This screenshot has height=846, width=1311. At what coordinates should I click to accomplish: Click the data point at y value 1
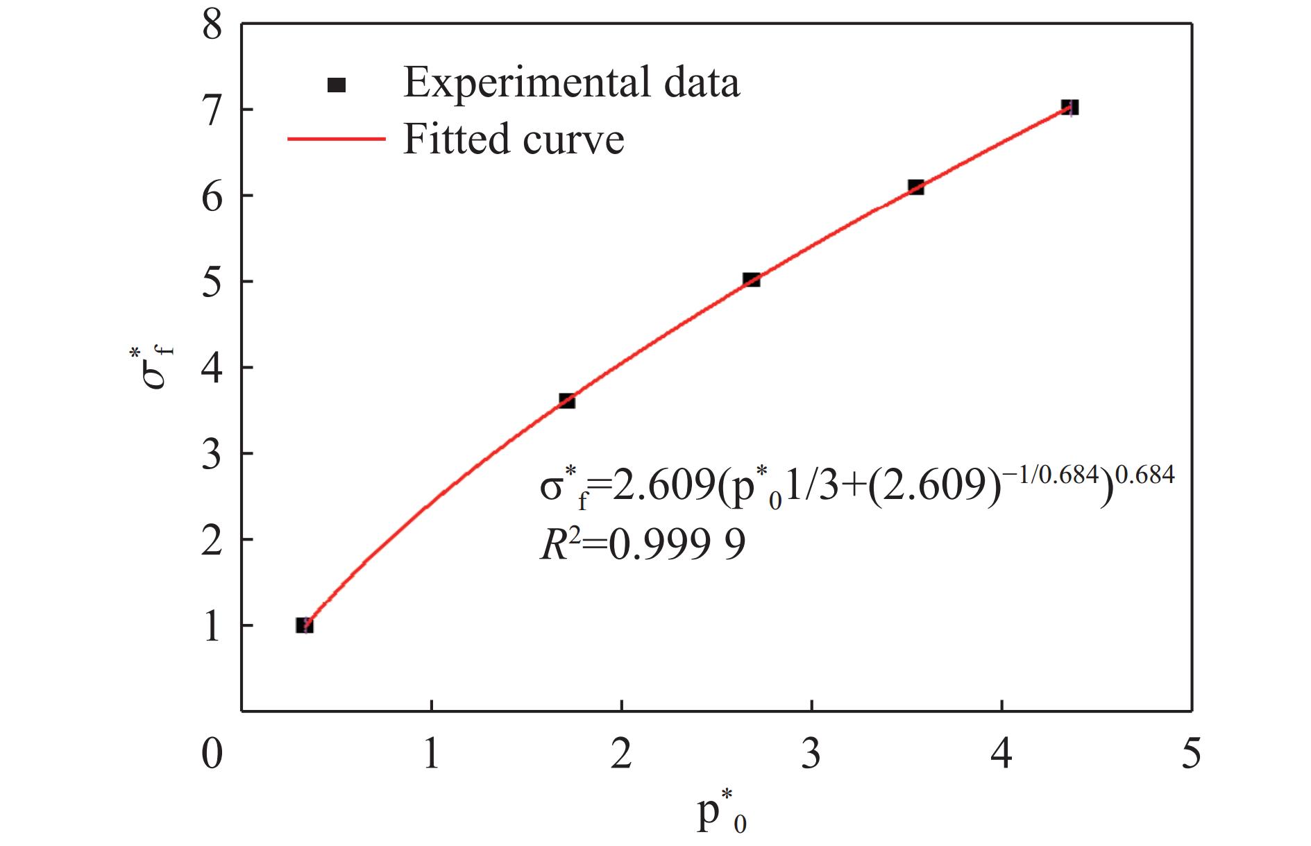point(304,625)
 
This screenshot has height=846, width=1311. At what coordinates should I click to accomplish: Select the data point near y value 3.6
point(566,400)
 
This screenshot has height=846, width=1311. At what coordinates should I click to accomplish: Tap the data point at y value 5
point(751,280)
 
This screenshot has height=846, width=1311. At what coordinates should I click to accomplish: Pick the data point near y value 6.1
point(915,187)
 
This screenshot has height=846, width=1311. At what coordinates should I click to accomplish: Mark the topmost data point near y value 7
point(1069,107)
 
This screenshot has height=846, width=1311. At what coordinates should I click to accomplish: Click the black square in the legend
point(337,85)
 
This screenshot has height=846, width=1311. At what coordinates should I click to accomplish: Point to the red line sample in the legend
point(336,139)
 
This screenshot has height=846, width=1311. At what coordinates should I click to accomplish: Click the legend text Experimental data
point(571,83)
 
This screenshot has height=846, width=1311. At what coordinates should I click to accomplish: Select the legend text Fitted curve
point(514,139)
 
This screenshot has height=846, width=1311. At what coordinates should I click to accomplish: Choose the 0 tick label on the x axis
point(212,752)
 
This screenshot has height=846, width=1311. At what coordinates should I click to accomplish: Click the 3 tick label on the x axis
point(811,752)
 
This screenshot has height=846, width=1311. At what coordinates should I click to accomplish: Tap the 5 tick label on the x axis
point(1191,752)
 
